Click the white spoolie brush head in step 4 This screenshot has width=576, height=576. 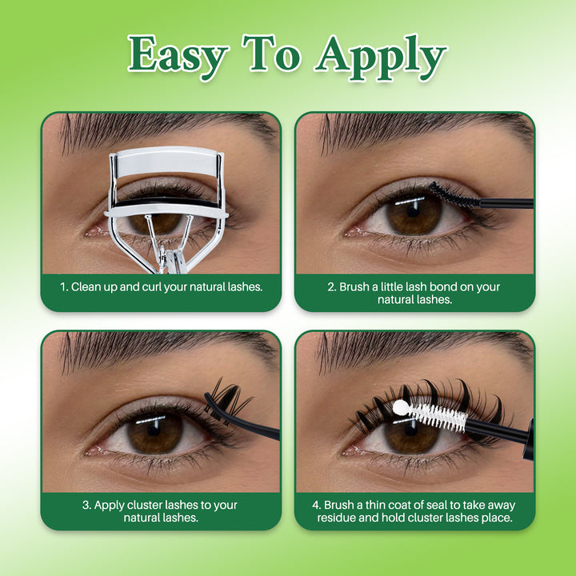(436, 416)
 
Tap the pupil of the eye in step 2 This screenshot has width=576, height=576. (414, 216)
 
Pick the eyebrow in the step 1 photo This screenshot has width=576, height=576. (160, 128)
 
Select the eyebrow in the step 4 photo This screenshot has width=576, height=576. (416, 347)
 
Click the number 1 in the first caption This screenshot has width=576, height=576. (62, 286)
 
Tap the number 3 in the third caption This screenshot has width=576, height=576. (86, 505)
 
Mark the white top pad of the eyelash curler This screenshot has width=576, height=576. (166, 161)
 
